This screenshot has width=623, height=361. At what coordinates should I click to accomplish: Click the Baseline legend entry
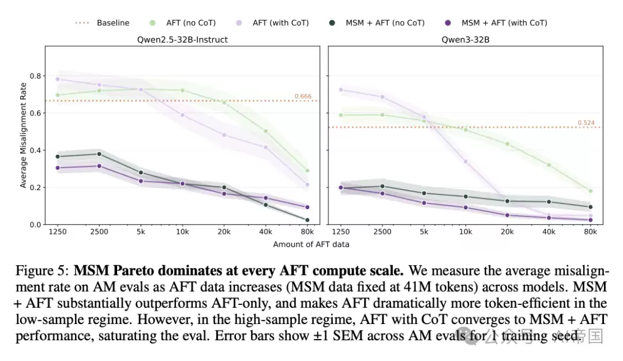click(102, 23)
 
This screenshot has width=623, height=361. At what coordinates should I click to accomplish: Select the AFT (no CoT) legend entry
click(182, 23)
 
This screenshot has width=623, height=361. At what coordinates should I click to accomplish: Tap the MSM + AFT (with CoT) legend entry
click(496, 23)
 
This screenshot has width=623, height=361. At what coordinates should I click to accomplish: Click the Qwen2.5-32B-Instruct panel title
click(182, 40)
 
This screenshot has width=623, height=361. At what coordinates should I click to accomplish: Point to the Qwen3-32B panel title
click(466, 40)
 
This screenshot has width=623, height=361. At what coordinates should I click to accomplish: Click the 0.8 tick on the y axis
click(35, 76)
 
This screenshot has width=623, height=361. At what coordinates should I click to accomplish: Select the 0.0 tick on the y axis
click(35, 225)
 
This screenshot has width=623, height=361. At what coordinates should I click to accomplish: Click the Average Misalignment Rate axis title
click(23, 135)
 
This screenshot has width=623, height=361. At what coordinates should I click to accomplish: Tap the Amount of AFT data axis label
click(311, 244)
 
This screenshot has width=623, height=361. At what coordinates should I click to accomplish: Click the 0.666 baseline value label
click(303, 96)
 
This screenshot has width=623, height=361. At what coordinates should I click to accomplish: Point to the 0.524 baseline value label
click(586, 122)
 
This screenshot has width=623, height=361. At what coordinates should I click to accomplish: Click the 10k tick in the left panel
click(182, 232)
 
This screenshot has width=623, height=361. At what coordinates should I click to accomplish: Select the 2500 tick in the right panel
click(382, 232)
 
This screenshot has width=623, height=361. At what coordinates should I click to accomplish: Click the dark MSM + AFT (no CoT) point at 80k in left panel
click(307, 220)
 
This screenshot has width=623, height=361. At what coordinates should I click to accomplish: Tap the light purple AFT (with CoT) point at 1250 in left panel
click(58, 79)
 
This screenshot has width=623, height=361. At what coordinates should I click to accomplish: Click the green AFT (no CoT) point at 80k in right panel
click(591, 191)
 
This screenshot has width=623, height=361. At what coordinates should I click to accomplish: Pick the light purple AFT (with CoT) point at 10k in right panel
click(466, 162)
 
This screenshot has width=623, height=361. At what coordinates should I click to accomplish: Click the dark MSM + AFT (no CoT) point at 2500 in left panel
click(99, 154)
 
